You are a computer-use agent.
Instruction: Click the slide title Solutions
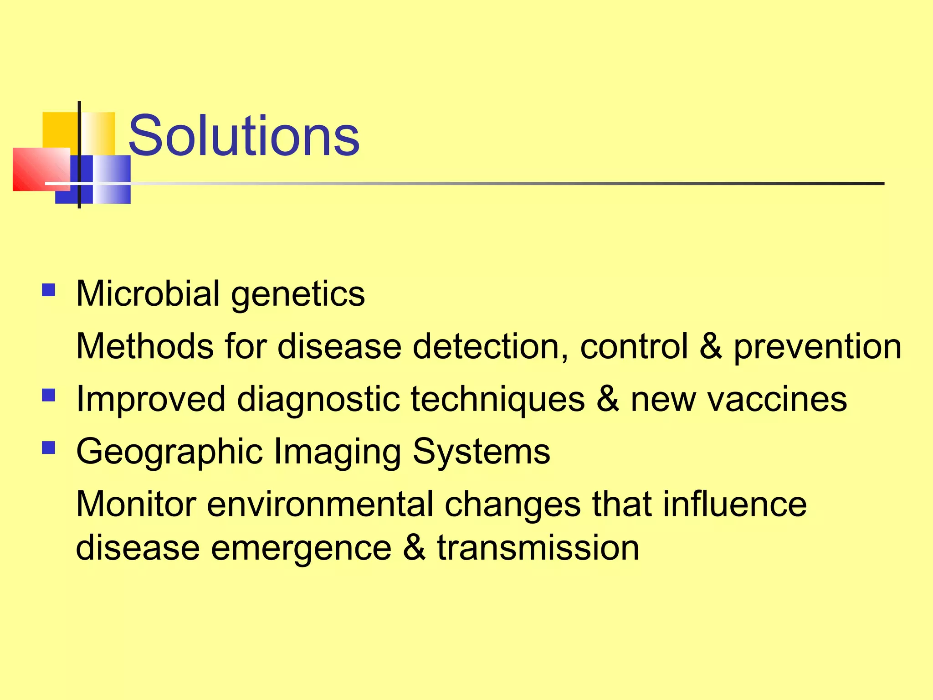[x=244, y=136]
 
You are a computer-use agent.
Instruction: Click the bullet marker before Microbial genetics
[x=48, y=290]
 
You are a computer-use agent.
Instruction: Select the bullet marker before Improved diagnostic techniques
[x=48, y=395]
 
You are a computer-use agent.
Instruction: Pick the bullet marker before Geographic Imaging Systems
[x=48, y=448]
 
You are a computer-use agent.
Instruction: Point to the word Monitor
[x=136, y=504]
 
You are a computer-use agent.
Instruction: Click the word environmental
[x=320, y=504]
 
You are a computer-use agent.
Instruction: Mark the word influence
[x=734, y=504]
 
